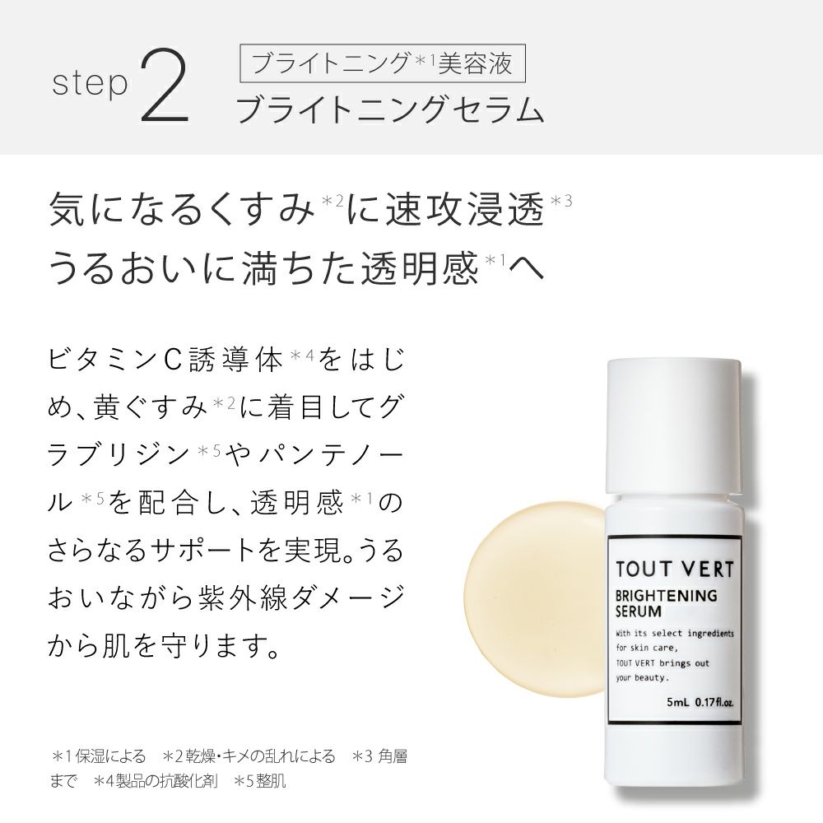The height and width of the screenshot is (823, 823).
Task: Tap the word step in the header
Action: coord(90,84)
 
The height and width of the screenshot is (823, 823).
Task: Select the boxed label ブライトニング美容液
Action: coord(383,63)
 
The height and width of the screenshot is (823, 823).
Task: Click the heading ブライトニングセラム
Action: coord(389,109)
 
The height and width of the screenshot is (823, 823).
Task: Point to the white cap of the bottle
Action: coord(675,425)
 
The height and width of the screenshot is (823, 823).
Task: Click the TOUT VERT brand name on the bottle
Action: coord(675,569)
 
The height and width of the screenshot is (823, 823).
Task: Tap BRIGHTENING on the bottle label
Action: coord(666,596)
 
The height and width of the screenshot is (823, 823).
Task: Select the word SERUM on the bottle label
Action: coord(639,611)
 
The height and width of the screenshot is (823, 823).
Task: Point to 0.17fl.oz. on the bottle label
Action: coord(714,702)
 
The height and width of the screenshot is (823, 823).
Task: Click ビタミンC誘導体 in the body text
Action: coord(166,360)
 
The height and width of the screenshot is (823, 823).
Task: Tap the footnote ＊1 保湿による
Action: coord(98,756)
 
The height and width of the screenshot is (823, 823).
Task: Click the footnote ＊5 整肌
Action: coord(259,781)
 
